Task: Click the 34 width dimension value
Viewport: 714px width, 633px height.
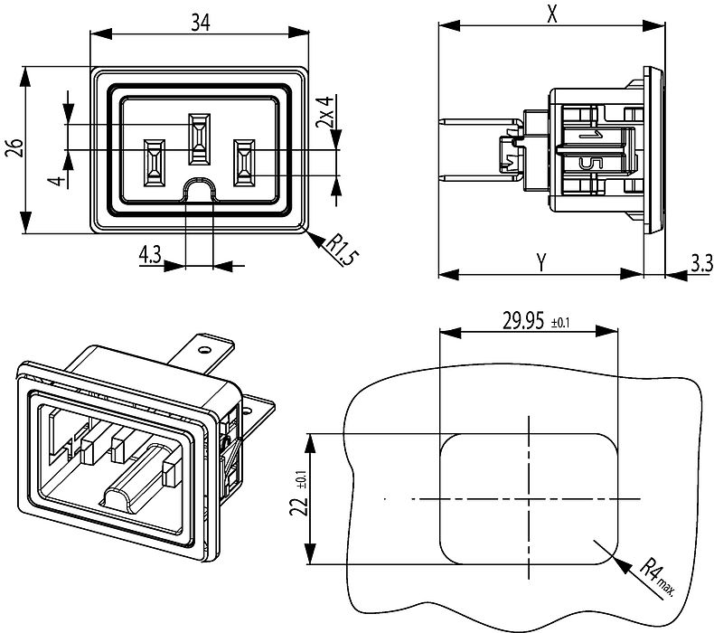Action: coord(201,23)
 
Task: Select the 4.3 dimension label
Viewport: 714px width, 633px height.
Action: coord(150,256)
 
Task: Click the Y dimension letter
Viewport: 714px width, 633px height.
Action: coord(540,262)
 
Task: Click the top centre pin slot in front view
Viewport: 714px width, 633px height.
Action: coord(200,138)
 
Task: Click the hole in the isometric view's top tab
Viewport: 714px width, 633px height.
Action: coord(203,346)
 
